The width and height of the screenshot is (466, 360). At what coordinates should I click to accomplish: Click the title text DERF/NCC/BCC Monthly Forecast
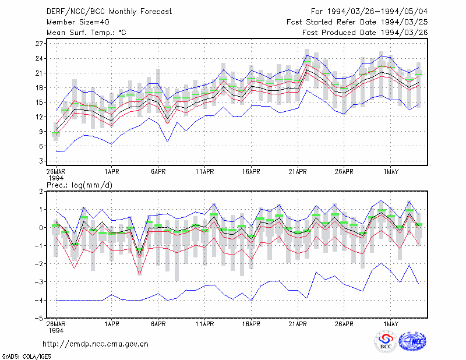pyautogui.click(x=109, y=12)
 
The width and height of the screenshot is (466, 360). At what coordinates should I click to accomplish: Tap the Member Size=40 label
pyautogui.click(x=78, y=22)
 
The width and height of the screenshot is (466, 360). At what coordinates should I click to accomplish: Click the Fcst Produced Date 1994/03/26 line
pyautogui.click(x=365, y=33)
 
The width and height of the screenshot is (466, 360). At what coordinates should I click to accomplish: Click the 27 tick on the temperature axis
pyautogui.click(x=39, y=44)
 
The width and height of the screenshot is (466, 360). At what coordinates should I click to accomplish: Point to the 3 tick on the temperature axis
pyautogui.click(x=41, y=161)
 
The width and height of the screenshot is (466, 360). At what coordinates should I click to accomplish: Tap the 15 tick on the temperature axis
pyautogui.click(x=39, y=103)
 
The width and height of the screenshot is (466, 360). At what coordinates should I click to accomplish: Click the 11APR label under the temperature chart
pyautogui.click(x=205, y=172)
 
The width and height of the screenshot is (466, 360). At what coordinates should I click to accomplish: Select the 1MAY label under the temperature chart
pyautogui.click(x=390, y=172)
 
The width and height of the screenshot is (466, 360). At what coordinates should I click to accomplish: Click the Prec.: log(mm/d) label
pyautogui.click(x=79, y=185)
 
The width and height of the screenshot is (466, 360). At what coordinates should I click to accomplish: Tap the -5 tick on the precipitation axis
pyautogui.click(x=38, y=319)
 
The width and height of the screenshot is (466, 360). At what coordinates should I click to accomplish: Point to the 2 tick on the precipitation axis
pyautogui.click(x=41, y=192)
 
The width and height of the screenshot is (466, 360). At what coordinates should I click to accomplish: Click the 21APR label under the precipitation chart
pyautogui.click(x=298, y=324)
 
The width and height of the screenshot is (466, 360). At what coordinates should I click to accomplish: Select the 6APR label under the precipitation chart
pyautogui.click(x=158, y=324)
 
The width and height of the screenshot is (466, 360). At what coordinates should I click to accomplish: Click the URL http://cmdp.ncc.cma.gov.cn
pyautogui.click(x=96, y=344)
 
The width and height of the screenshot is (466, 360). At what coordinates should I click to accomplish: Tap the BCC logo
pyautogui.click(x=386, y=342)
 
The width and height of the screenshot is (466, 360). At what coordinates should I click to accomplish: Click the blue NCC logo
pyautogui.click(x=413, y=341)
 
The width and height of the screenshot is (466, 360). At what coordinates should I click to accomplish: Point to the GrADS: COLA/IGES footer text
pyautogui.click(x=26, y=357)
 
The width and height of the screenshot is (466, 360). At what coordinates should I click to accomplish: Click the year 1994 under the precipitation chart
pyautogui.click(x=56, y=330)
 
